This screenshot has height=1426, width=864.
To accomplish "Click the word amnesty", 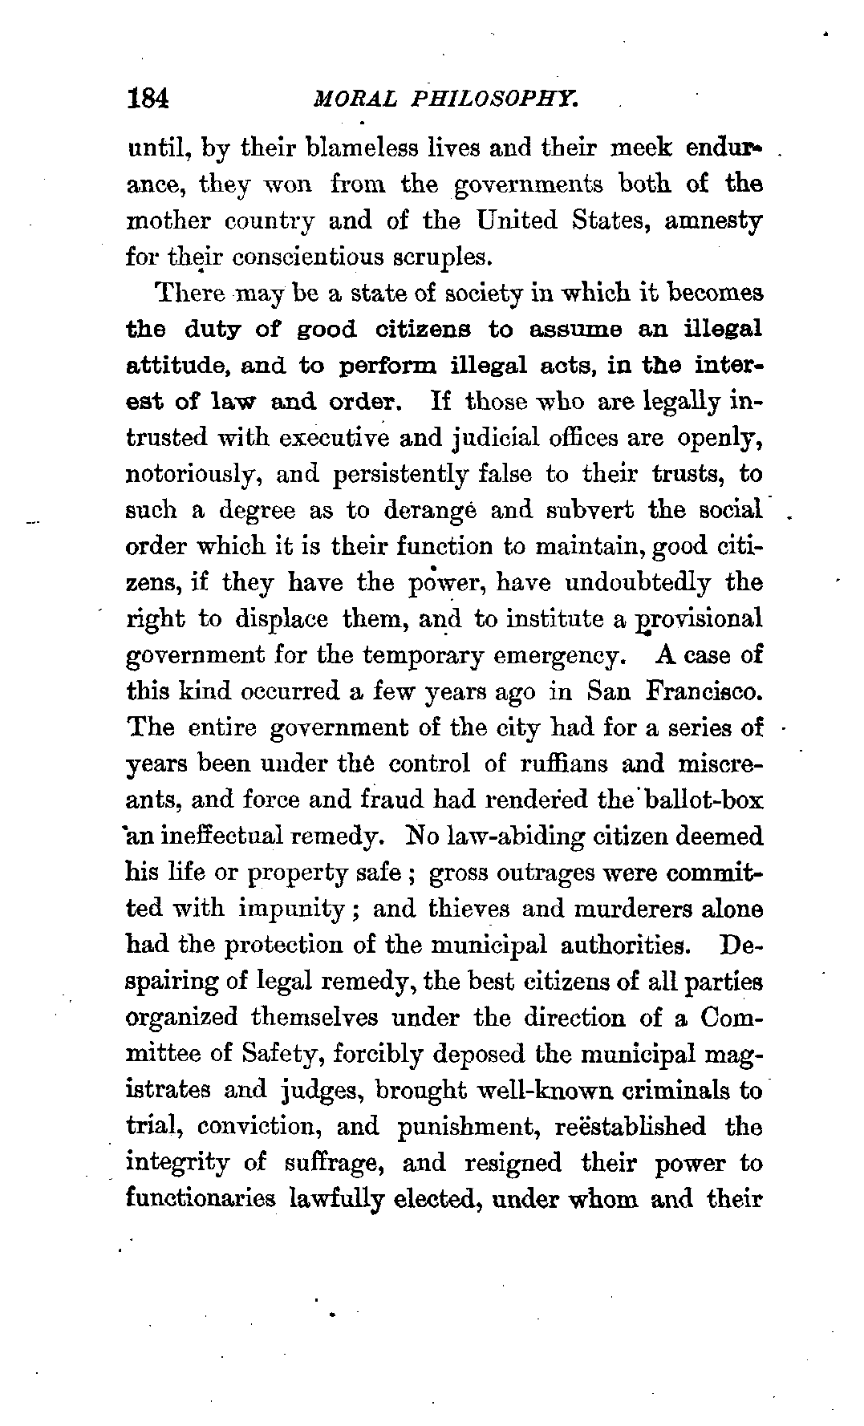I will tap(713, 221).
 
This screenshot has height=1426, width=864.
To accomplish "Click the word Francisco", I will tap(703, 691).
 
